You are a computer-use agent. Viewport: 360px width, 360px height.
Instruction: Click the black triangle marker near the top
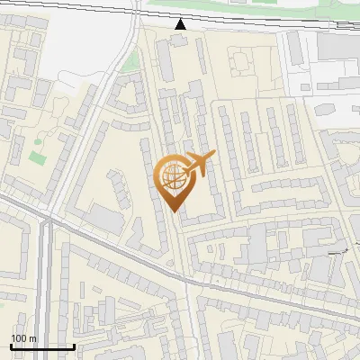pos(181,23)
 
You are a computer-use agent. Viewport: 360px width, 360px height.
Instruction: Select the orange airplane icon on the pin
pos(200,163)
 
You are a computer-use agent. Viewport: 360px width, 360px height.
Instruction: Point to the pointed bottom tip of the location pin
pos(175,212)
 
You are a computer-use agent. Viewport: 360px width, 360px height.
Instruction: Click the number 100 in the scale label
pos(19,338)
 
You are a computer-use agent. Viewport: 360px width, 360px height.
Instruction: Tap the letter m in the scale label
pos(32,338)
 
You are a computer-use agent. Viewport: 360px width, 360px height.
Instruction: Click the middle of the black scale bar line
pos(42,346)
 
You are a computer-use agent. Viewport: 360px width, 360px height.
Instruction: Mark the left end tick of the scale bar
pos(11,345)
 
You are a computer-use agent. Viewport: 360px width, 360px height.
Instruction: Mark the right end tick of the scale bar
pos(74,345)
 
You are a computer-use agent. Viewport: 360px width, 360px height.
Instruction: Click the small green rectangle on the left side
pos(37,157)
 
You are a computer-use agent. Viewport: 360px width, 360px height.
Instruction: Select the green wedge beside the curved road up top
pos(131,62)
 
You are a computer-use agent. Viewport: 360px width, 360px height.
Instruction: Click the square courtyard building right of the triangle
pos(242,63)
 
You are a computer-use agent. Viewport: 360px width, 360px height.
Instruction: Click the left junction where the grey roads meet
pos(45,219)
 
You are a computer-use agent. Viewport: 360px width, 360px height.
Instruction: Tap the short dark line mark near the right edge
pos(339,253)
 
